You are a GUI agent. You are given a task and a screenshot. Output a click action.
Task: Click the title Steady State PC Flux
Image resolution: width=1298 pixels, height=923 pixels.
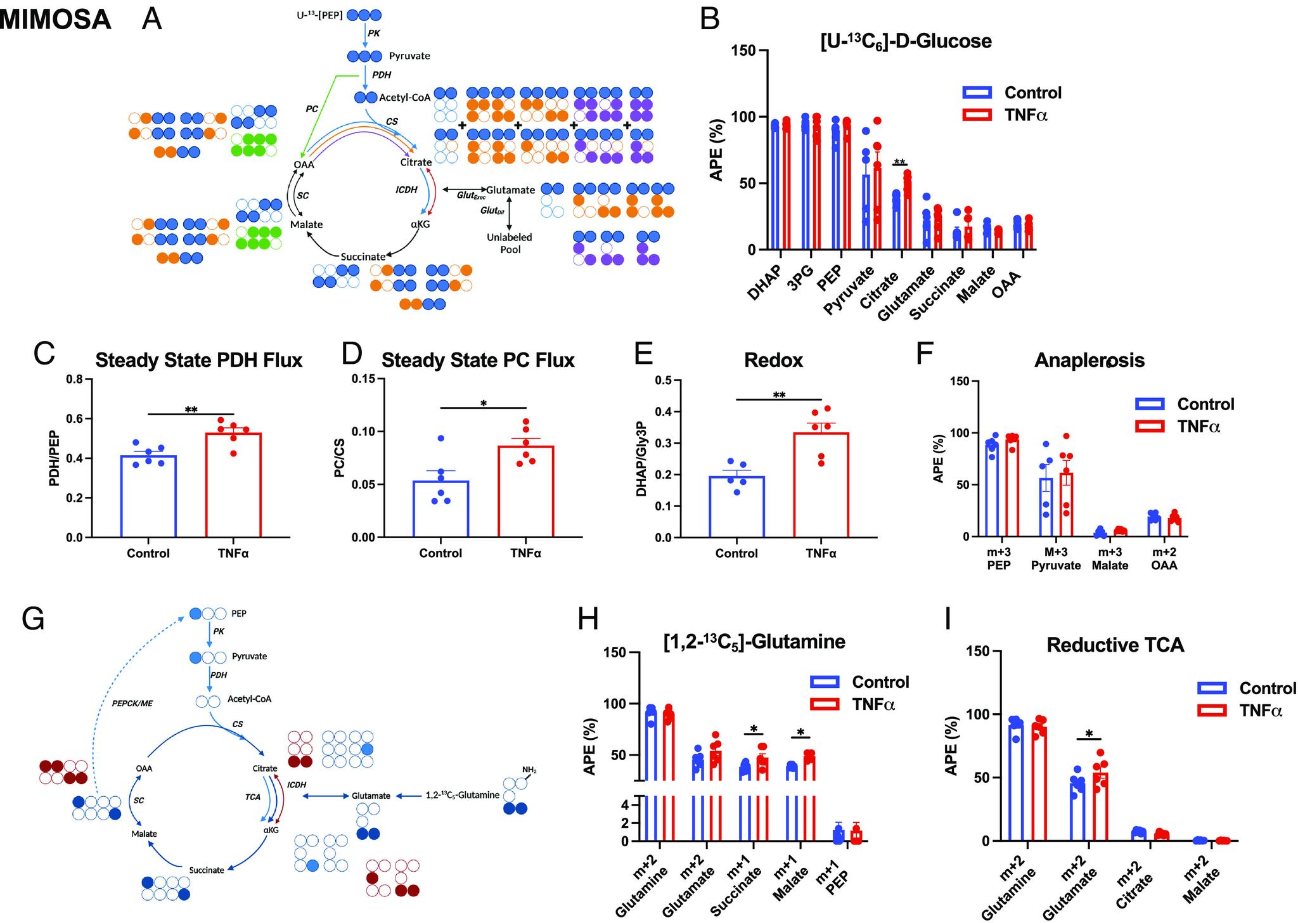(x=478, y=360)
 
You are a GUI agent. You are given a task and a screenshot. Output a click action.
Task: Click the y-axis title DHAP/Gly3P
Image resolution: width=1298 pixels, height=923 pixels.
(x=642, y=459)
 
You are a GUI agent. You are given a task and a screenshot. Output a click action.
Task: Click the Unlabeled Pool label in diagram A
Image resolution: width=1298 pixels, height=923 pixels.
(x=509, y=243)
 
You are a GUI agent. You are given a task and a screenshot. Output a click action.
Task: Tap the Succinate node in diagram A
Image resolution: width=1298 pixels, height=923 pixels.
(x=363, y=257)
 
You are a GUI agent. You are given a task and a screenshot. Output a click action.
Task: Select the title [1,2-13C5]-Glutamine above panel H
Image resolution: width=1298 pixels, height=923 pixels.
(x=754, y=642)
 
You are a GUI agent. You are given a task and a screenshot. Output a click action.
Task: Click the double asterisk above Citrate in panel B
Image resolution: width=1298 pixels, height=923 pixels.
(x=899, y=162)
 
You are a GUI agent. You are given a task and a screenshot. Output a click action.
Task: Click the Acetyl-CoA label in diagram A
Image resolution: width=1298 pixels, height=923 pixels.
(x=404, y=97)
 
